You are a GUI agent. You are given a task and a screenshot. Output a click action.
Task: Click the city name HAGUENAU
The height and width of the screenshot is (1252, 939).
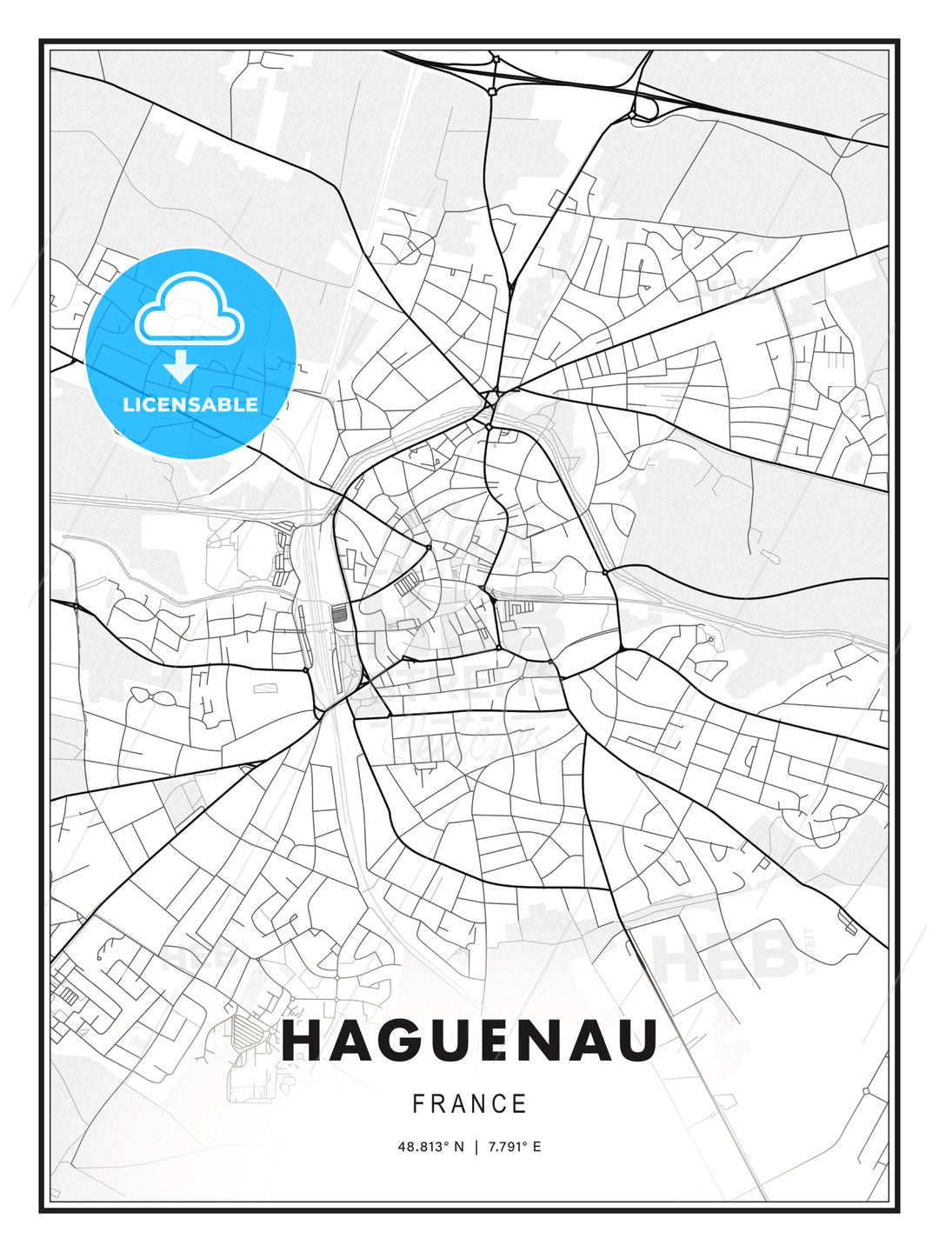coord(469,1041)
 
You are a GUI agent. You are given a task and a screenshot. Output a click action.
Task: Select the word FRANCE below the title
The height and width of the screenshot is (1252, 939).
coord(469,1104)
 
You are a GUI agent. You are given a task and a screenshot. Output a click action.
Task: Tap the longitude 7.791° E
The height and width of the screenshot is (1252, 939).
coord(513,1147)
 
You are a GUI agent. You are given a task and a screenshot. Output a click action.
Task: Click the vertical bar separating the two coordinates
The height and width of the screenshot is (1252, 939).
coord(476,1147)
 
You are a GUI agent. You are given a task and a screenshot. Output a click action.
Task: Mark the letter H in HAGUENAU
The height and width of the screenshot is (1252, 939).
coord(302,1041)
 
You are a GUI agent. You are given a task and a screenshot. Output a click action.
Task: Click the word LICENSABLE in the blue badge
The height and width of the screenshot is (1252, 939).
coord(190,404)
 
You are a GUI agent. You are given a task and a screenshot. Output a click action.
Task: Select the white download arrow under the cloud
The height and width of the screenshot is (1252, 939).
coord(181,366)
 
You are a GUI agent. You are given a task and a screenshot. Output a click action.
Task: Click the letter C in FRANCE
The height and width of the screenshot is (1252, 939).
coord(496,1104)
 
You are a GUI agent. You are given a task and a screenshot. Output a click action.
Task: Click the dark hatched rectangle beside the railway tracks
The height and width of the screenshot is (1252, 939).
coord(339,612)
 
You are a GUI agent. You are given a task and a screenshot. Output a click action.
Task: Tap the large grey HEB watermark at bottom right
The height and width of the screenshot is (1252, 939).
coord(726,956)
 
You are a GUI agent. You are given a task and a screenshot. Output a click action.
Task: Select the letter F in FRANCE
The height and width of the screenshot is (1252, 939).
coord(418,1104)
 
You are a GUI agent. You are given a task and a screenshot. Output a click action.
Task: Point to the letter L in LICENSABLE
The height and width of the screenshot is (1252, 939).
coord(128,404)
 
